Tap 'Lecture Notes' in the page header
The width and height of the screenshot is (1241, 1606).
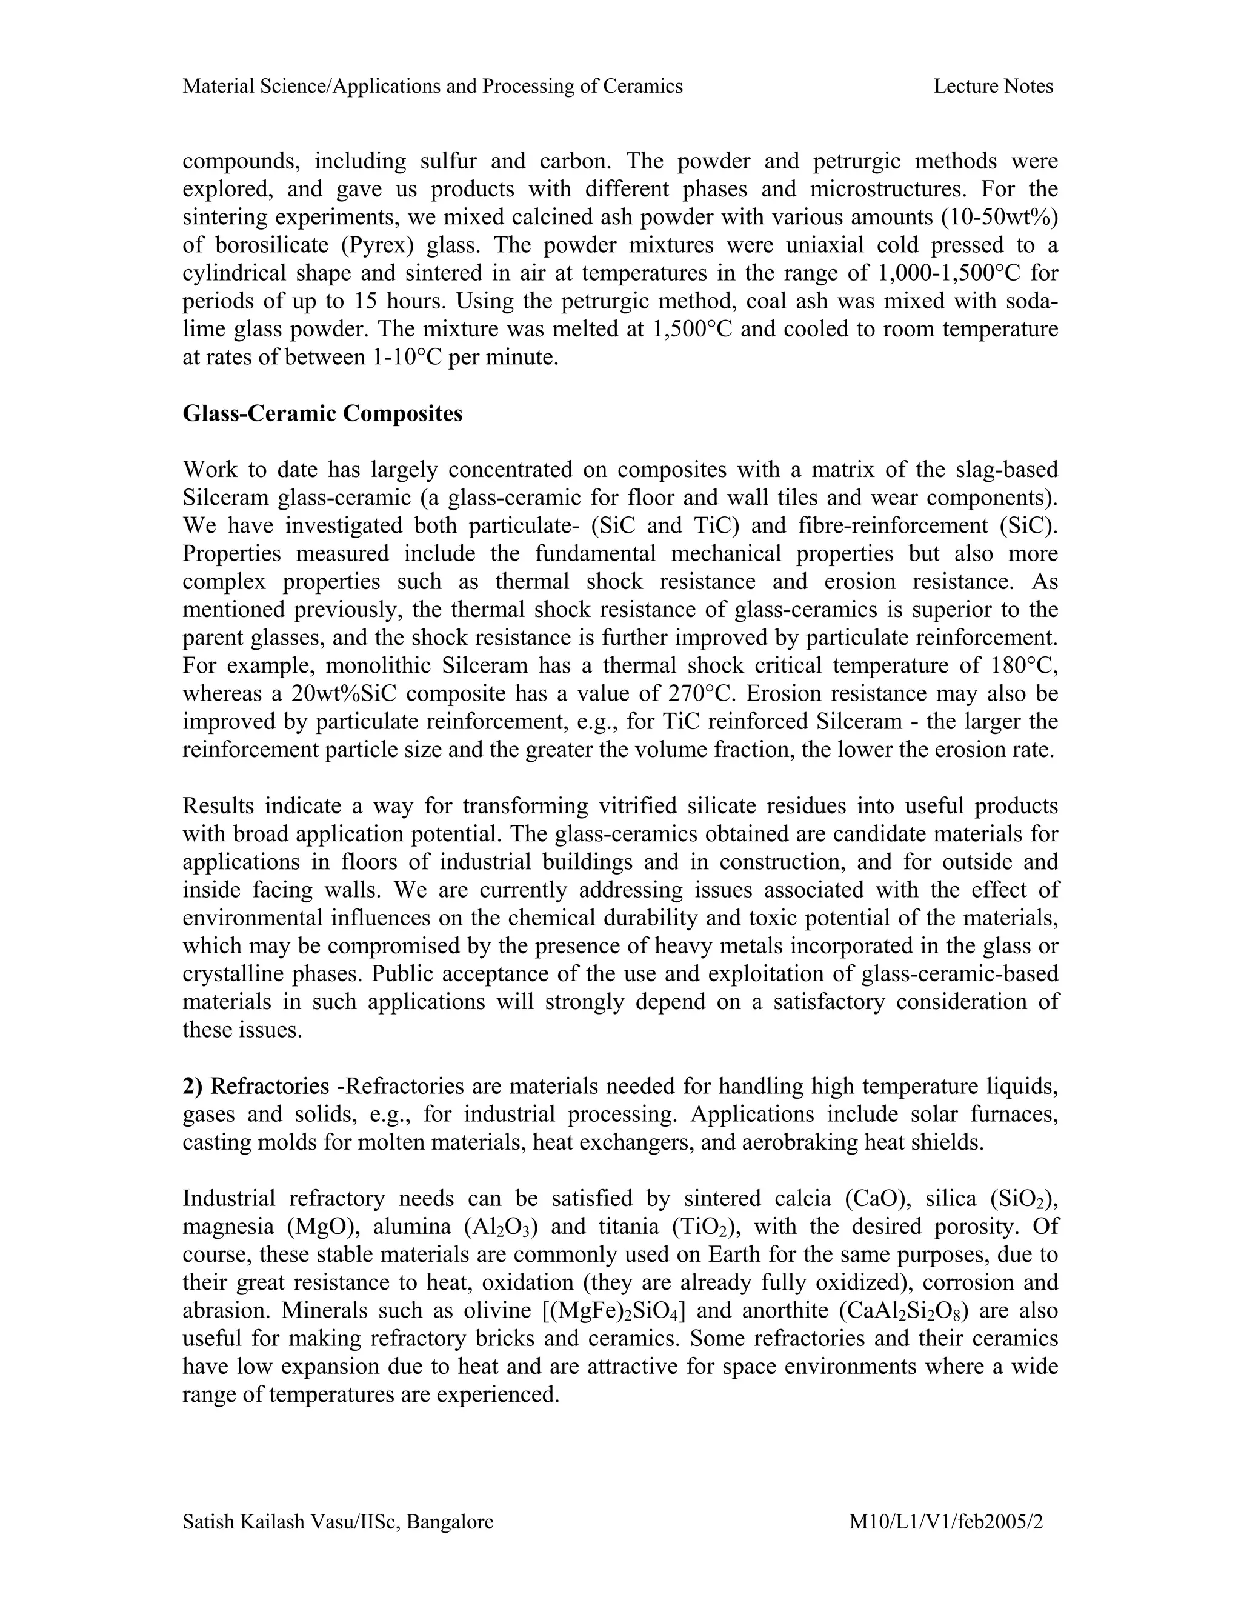(993, 87)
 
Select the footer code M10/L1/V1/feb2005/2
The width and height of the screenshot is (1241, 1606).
(946, 1521)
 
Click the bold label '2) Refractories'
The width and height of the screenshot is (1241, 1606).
(255, 1086)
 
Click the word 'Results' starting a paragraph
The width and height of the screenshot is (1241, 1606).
(218, 806)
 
